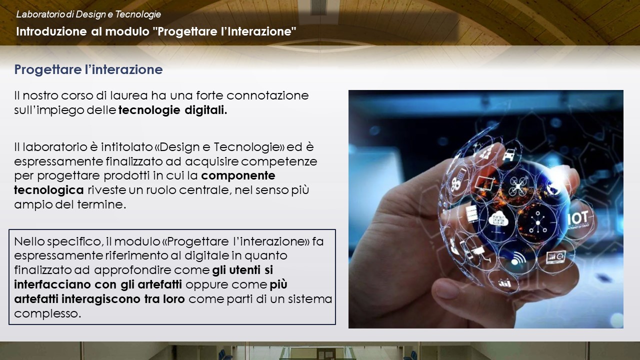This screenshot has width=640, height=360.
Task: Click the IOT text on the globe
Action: click(577, 218)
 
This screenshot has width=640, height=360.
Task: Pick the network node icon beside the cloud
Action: click(537, 223)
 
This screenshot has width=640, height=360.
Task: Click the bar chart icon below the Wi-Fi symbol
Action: click(504, 283)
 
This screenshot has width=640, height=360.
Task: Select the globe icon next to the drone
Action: click(553, 187)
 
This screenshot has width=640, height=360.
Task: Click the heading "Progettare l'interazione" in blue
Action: click(88, 69)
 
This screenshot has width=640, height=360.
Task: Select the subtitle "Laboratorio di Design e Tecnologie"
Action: click(88, 14)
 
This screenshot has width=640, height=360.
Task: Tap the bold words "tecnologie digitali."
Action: click(173, 110)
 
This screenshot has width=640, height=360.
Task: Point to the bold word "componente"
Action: click(238, 175)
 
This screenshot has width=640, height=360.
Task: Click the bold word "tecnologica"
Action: click(49, 190)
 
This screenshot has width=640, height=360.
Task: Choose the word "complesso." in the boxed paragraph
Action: click(47, 313)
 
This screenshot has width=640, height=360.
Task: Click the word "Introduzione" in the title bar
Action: click(51, 31)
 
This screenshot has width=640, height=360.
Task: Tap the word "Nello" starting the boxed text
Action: click(29, 241)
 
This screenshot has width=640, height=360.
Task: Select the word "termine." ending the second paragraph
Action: click(101, 204)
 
